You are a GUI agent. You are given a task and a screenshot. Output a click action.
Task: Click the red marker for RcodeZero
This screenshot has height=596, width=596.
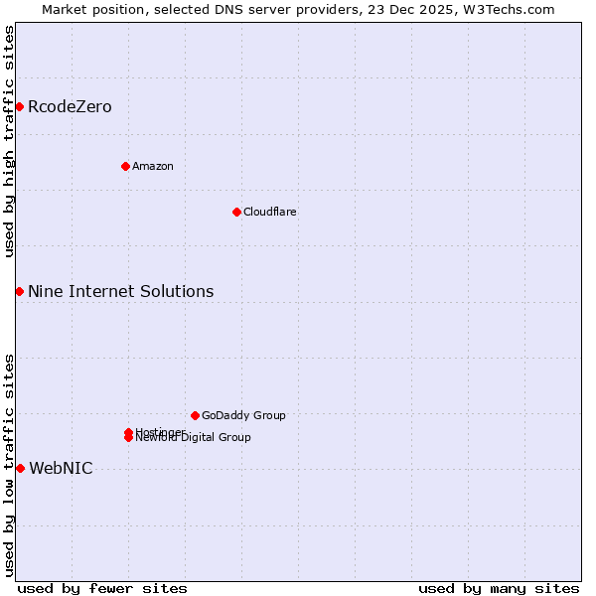tap(19, 106)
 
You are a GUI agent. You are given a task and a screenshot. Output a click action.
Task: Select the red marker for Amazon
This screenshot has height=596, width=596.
tap(125, 166)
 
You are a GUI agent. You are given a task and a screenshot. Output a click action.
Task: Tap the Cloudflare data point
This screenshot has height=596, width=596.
tap(236, 212)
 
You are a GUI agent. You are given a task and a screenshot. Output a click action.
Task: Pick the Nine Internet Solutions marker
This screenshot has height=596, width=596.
tap(19, 291)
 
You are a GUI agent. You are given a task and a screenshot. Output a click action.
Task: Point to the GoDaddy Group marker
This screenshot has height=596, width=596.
tap(195, 415)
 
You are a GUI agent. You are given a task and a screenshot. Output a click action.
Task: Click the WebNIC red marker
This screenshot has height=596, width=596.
tap(20, 468)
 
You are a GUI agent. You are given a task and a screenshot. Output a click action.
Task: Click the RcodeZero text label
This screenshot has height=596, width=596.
tap(70, 107)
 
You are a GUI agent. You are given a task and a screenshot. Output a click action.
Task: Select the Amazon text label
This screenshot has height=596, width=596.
tap(153, 166)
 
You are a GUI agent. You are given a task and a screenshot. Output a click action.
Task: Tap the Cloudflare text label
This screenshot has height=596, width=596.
tap(270, 212)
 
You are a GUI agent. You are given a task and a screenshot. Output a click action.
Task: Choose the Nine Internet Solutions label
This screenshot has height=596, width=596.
tap(120, 291)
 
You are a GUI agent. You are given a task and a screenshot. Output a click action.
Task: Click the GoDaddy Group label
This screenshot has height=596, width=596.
tap(243, 415)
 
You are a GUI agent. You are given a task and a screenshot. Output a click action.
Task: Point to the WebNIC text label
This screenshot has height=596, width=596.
tap(61, 469)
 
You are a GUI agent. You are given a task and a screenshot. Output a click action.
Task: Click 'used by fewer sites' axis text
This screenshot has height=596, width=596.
tap(102, 588)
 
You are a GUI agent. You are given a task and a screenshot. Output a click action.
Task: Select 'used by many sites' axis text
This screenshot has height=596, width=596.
tap(499, 588)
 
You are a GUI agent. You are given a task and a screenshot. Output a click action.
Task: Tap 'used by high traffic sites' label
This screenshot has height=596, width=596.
tap(9, 141)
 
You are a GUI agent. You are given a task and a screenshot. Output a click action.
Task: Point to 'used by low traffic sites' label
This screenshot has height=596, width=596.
tap(9, 465)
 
